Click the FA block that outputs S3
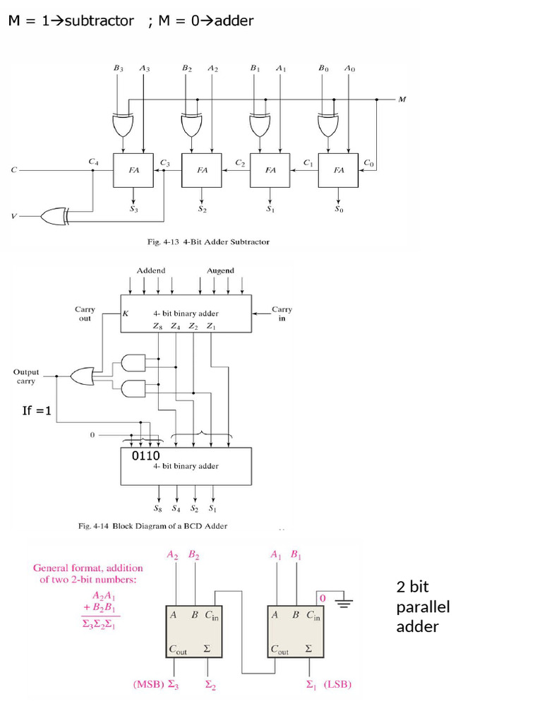tap(133, 170)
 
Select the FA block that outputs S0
tap(339, 170)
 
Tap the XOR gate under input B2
tap(191, 125)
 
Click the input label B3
tap(118, 68)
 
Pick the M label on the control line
tap(402, 100)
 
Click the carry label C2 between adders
tap(240, 163)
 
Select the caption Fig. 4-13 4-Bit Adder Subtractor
tap(207, 241)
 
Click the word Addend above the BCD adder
tap(150, 270)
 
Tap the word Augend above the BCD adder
tap(220, 270)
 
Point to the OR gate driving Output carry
tap(83, 376)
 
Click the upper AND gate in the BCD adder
tap(133, 363)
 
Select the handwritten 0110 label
tap(146, 456)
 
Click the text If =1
tap(37, 410)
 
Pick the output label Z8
tap(158, 326)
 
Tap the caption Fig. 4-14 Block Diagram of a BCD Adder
tap(152, 525)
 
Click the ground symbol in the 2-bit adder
tap(344, 602)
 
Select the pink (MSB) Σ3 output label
tap(156, 684)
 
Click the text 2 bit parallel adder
tap(423, 607)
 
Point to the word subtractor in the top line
tap(99, 20)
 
